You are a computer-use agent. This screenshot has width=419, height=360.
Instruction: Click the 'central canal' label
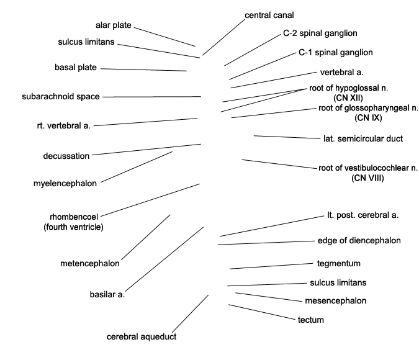269,16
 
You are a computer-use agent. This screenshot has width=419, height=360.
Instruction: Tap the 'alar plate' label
114,25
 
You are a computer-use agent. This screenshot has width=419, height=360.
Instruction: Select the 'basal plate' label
76,67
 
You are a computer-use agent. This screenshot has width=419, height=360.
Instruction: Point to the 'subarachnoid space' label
61,96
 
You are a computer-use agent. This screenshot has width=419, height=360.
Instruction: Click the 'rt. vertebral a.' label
64,125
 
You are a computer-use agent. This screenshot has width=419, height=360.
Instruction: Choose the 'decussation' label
66,156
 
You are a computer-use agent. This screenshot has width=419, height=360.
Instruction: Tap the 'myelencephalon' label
65,184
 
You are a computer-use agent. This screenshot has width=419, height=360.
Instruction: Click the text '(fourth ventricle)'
73,227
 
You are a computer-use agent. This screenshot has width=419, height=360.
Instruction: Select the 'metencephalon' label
90,264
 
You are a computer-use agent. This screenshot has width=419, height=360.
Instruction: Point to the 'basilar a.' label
107,295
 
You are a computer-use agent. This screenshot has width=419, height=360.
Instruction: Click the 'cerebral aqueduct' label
142,337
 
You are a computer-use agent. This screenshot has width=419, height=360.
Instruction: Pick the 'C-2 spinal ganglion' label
320,33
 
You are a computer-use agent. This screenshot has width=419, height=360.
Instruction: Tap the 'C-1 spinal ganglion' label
336,52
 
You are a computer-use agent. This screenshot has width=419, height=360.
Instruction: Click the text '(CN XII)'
348,98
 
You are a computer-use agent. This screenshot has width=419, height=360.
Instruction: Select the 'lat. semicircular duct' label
363,138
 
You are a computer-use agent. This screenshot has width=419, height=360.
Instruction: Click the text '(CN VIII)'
367,178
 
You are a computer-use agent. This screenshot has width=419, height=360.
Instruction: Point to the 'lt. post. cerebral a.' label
363,215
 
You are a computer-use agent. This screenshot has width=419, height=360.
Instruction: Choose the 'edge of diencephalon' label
359,241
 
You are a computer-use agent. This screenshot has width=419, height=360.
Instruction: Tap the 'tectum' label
311,320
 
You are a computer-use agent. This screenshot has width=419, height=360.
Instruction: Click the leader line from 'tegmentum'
271,266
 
